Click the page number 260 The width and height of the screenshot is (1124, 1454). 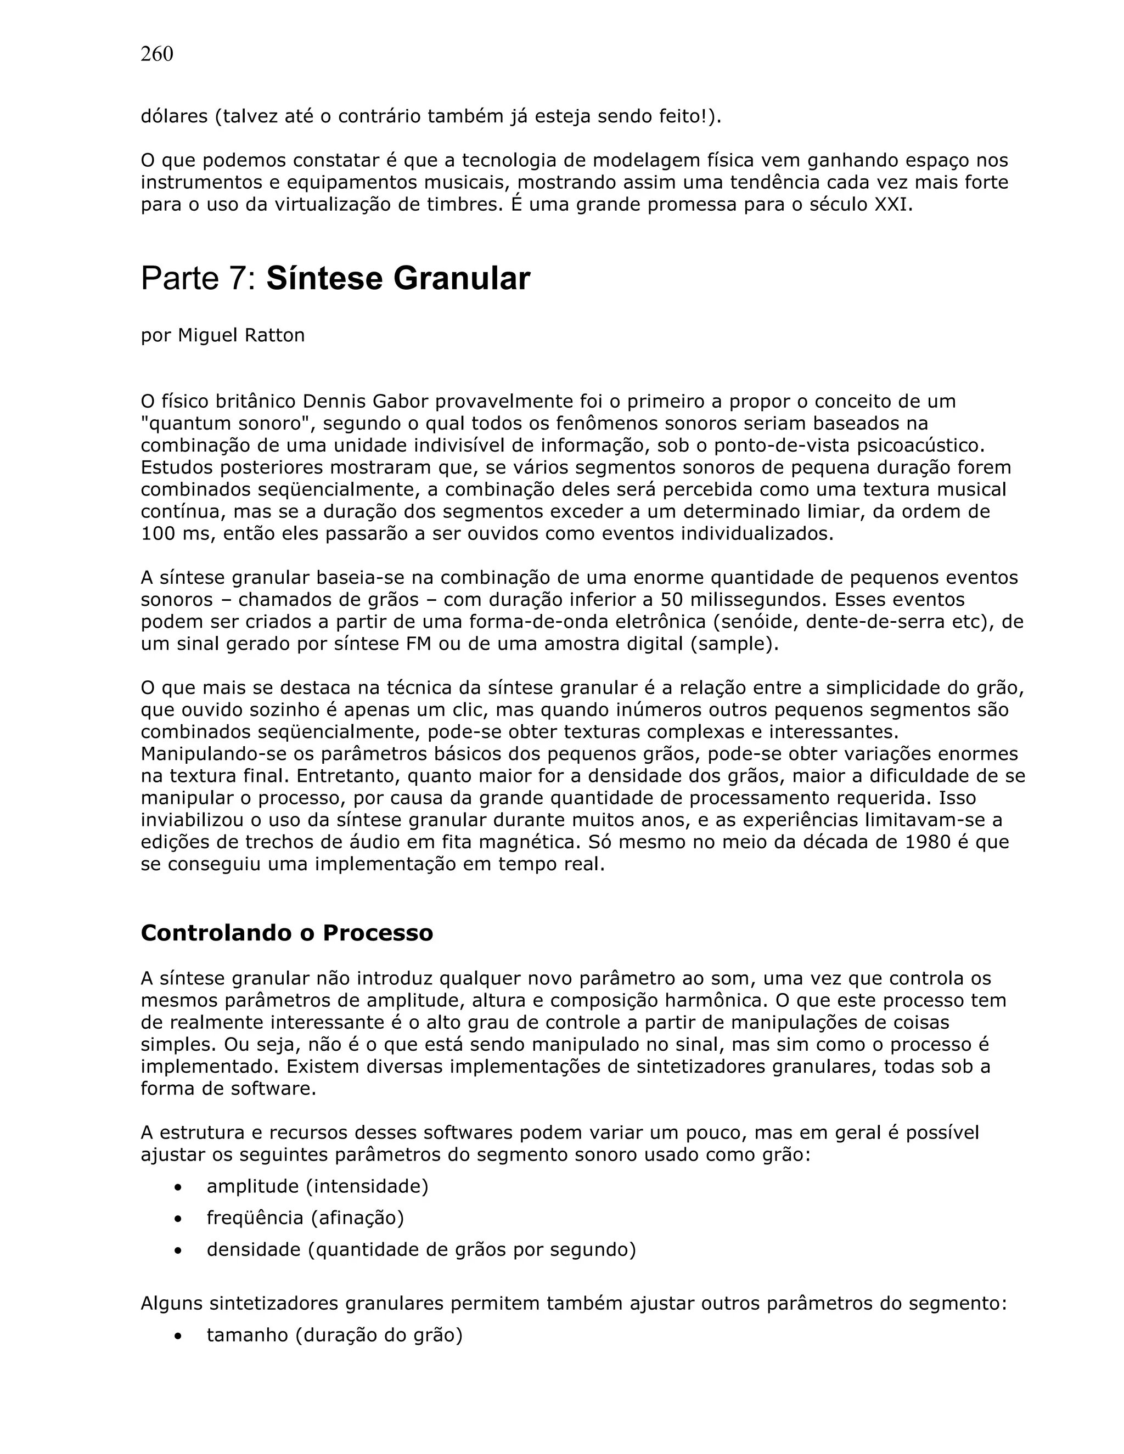[x=156, y=54]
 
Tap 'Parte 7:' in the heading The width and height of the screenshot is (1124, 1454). [x=199, y=278]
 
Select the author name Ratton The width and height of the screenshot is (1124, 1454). [x=274, y=335]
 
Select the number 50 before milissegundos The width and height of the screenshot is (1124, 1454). [x=675, y=600]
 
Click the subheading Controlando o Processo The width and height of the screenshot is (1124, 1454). [x=286, y=933]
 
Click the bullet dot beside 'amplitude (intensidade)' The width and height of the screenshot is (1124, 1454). [x=177, y=1187]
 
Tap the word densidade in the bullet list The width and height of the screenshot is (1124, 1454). [x=254, y=1249]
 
